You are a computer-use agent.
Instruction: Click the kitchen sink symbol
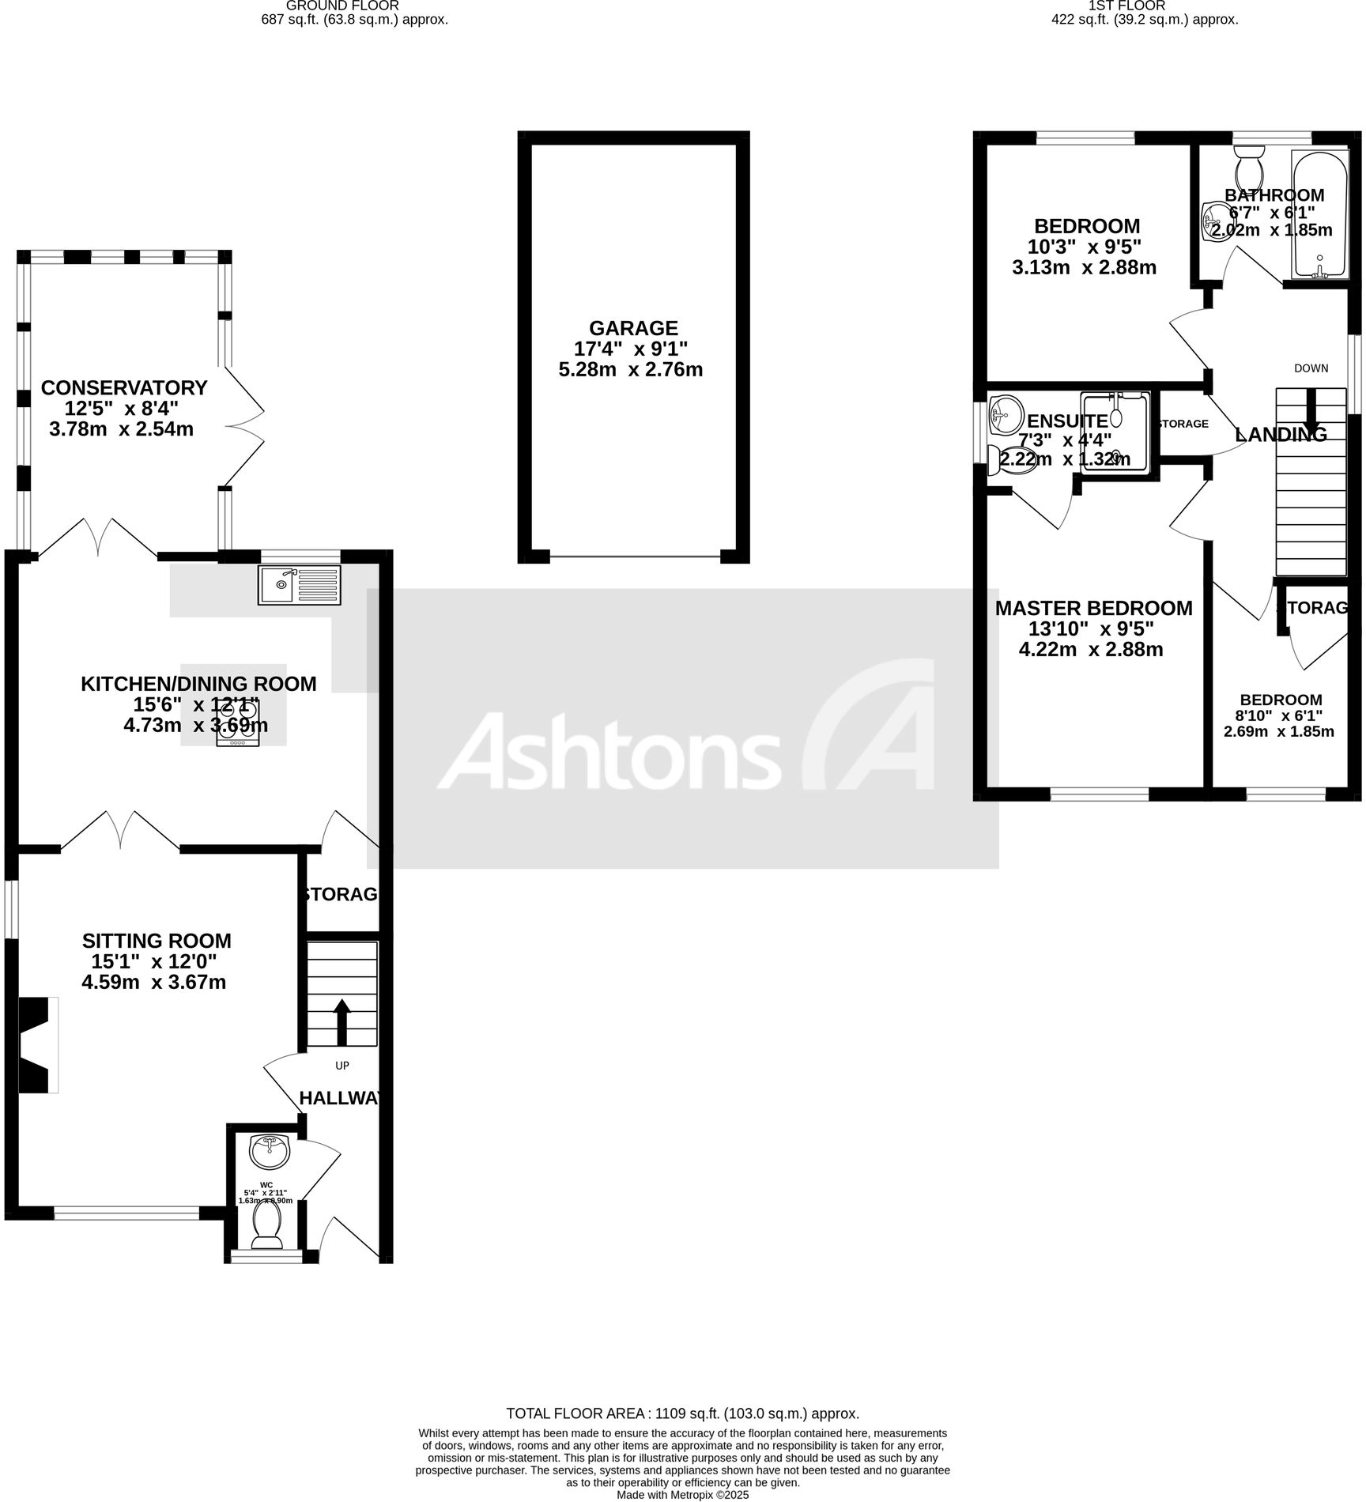pyautogui.click(x=299, y=586)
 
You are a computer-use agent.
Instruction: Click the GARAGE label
pyautogui.click(x=633, y=328)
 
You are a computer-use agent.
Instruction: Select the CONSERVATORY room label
pyautogui.click(x=124, y=388)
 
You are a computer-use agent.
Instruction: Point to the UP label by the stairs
pyautogui.click(x=342, y=1066)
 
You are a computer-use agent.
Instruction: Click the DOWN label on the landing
pyautogui.click(x=1311, y=368)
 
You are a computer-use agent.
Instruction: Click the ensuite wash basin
pyautogui.click(x=1005, y=413)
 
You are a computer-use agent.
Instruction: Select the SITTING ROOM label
pyautogui.click(x=157, y=941)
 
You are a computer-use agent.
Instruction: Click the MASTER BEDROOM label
pyautogui.click(x=1093, y=608)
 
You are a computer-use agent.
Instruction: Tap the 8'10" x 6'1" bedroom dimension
pyautogui.click(x=1280, y=715)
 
